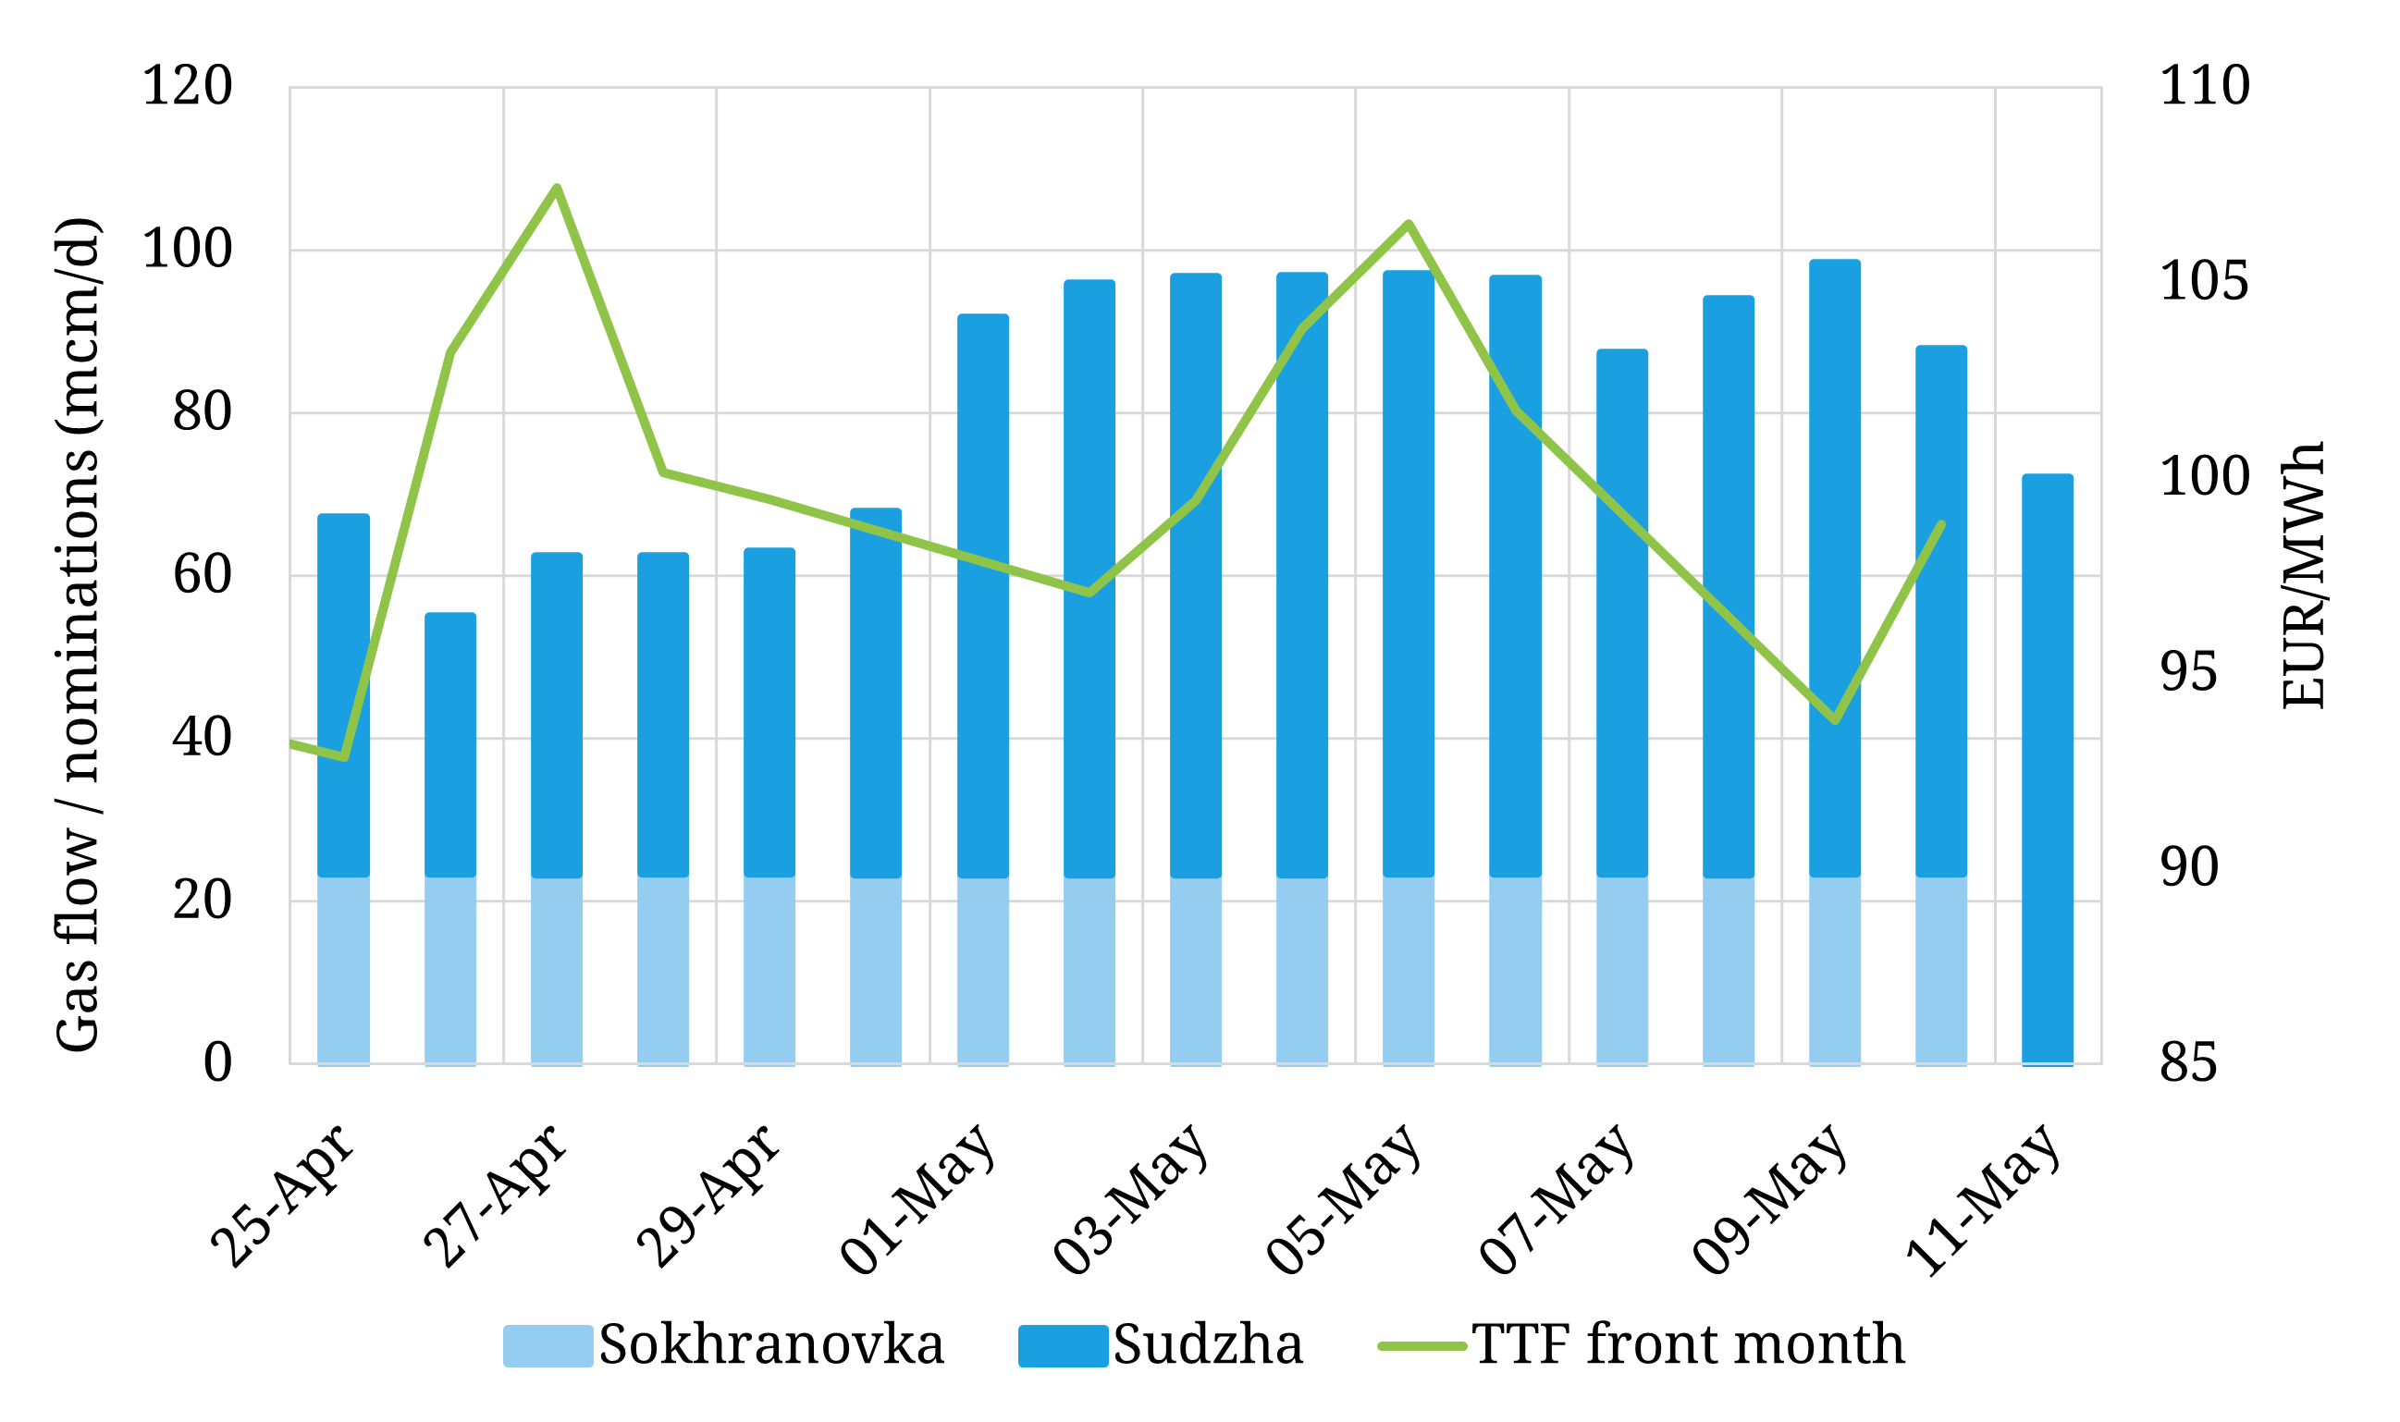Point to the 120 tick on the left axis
pos(187,86)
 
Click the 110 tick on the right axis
pos(2204,86)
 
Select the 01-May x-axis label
pos(918,1200)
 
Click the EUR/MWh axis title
pos(2303,575)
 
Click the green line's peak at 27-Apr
pos(557,188)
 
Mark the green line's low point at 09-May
pos(1835,720)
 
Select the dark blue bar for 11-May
pos(2048,766)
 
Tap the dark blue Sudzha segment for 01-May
pos(982,595)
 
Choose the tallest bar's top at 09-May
pos(1835,262)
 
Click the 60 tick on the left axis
pos(203,575)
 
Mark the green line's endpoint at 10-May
pos(1941,524)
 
